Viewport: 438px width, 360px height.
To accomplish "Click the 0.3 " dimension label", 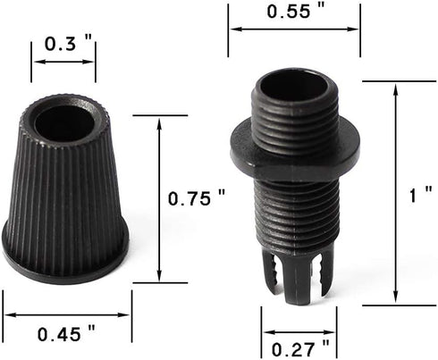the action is [68, 44].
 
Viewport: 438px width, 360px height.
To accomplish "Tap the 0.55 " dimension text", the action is [295, 12].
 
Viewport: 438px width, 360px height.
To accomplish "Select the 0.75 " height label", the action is [197, 198].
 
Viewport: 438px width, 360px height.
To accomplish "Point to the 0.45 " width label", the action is [66, 333].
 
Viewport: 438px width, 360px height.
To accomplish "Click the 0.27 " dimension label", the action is [300, 349].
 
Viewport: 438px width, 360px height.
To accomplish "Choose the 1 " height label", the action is [420, 195].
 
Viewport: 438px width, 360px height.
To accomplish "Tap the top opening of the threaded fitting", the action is [294, 86].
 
